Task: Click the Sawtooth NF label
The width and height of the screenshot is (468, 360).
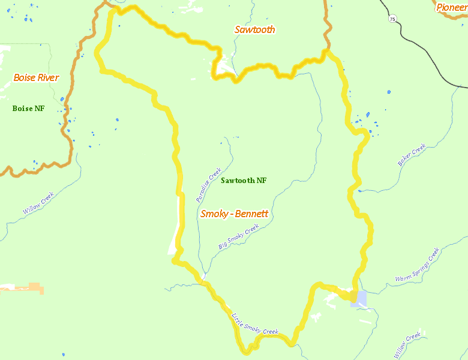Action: pos(244,181)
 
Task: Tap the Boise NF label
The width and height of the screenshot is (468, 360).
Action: pos(28,109)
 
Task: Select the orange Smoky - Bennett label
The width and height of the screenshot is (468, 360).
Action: pos(234,214)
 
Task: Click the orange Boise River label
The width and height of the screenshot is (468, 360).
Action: pos(36,78)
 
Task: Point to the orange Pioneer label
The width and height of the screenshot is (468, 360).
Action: pos(451,7)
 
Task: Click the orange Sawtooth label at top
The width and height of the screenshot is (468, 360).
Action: pos(254,29)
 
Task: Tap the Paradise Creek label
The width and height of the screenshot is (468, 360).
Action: pos(209,184)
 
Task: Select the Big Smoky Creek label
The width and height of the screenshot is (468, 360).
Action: pos(238,237)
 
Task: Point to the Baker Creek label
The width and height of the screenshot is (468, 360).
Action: pos(412,155)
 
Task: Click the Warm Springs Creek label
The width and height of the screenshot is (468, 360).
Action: pos(418,265)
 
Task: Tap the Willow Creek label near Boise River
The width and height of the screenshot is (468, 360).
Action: pos(38,203)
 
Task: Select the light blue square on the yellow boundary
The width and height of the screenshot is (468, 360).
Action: pos(358,298)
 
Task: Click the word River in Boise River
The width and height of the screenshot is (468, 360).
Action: pos(47,78)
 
